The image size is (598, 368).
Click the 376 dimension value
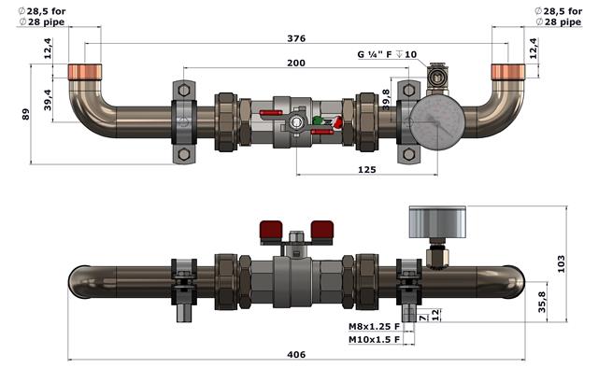(296, 38)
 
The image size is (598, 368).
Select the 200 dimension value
(296, 63)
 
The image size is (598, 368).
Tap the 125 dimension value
(367, 170)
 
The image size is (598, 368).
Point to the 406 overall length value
(296, 355)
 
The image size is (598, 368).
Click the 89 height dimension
(25, 114)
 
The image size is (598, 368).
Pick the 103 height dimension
(561, 264)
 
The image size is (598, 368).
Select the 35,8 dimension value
(542, 302)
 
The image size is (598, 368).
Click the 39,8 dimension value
(386, 100)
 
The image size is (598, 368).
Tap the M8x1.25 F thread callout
(374, 326)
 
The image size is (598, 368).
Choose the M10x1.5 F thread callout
(374, 339)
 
